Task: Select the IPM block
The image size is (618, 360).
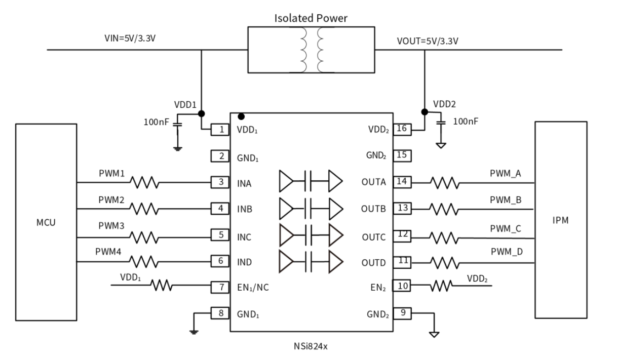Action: coord(561,220)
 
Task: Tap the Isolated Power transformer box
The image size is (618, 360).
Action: coord(310,50)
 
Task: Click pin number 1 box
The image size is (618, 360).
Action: coord(221,130)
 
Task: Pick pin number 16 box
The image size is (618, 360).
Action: coord(401,129)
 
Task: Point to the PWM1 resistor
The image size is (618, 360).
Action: coord(144,182)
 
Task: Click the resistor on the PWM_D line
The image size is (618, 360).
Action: coord(444,263)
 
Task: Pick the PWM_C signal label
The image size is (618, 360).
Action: coord(506,228)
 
